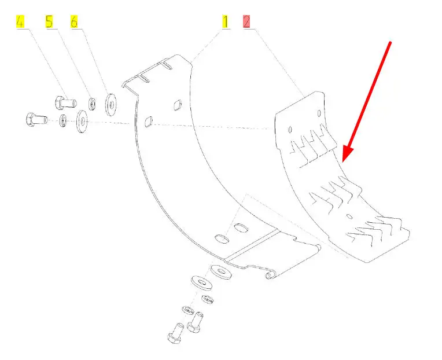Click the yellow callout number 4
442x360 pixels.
[20, 23]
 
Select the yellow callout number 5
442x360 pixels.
[49, 23]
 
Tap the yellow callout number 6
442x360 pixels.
[74, 23]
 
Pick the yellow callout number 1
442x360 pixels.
[226, 23]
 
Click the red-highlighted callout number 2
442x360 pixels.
[247, 23]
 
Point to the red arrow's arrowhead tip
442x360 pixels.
[343, 160]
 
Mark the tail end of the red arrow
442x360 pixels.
[392, 42]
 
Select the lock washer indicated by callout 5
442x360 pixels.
[92, 104]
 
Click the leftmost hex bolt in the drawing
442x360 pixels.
[34, 120]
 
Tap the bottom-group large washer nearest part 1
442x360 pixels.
[219, 270]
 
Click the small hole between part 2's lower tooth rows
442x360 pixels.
[349, 216]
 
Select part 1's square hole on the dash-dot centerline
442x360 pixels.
[148, 122]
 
